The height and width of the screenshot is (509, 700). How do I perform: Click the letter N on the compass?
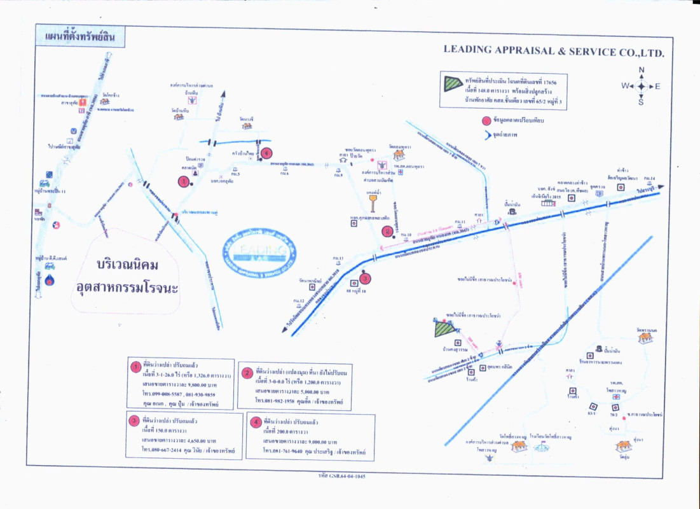(x=642, y=70)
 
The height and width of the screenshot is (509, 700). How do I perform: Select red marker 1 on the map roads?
(x=183, y=181)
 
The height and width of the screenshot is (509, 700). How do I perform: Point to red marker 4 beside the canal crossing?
(x=266, y=153)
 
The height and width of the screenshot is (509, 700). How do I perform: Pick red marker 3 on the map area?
(x=365, y=277)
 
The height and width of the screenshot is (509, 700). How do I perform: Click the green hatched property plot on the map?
(x=445, y=328)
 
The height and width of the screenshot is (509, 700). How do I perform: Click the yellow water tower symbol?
(x=371, y=201)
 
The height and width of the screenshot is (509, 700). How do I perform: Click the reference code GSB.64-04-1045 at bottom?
(x=342, y=476)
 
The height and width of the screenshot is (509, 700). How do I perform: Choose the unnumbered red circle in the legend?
(x=486, y=120)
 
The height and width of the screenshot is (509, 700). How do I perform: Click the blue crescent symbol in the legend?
(x=488, y=134)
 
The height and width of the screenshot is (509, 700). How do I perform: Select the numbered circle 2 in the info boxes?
(x=247, y=373)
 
